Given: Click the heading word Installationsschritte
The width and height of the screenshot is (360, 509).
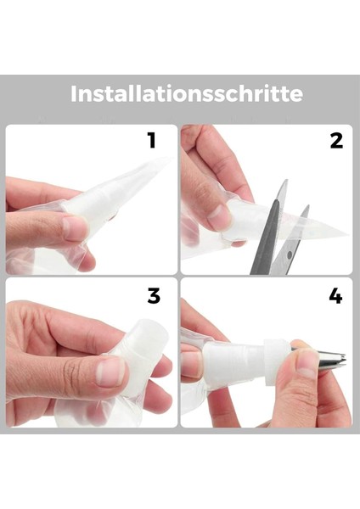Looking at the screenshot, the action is [x=187, y=93].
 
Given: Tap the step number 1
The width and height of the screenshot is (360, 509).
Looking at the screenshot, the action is [x=152, y=141].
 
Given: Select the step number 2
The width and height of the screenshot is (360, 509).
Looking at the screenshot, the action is [x=336, y=141].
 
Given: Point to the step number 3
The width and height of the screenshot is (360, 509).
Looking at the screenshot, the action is [x=154, y=296].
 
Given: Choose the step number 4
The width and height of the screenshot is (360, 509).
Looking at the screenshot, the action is [x=335, y=296].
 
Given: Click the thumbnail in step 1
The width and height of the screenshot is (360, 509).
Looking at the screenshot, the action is [x=75, y=228].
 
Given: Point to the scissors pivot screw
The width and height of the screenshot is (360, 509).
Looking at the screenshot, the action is [x=290, y=255].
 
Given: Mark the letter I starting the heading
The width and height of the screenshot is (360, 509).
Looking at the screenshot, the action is [x=73, y=93].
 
